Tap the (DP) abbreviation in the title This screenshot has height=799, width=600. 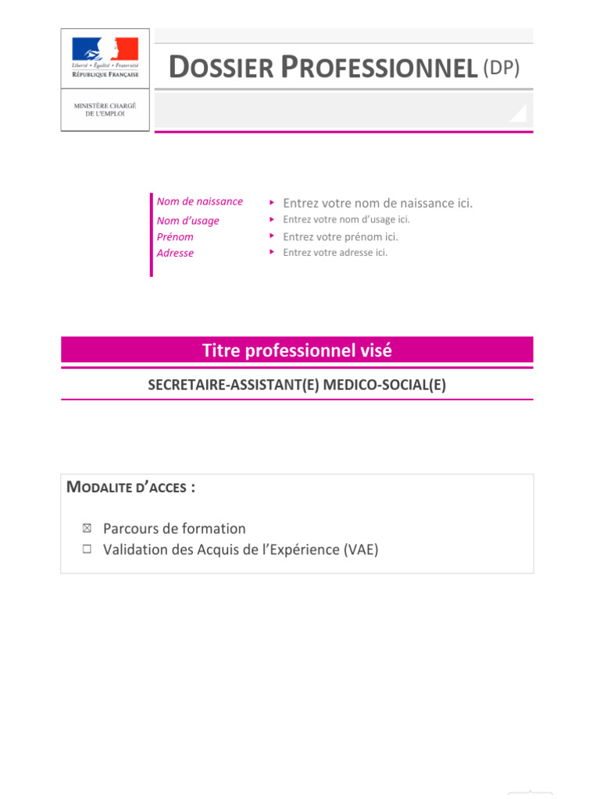coord(501,69)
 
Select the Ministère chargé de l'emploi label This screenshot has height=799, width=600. coord(105,109)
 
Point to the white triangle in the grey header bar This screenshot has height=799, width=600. coord(518,114)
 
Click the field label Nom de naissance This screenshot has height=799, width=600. coord(199,201)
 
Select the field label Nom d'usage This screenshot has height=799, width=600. coord(187,221)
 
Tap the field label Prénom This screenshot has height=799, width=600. coord(175,237)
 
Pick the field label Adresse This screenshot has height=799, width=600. coord(175,253)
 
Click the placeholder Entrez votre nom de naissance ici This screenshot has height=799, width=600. coord(377,203)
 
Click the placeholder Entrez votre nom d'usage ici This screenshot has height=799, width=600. coord(346,219)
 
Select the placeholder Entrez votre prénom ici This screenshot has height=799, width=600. coord(340,236)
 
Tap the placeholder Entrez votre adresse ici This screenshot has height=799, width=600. coord(335,252)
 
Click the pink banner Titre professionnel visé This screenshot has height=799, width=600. coord(297,350)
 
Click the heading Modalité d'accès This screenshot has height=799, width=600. coord(130,488)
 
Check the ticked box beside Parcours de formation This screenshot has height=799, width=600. coord(87,528)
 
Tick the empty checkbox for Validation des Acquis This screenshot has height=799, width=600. coord(87,549)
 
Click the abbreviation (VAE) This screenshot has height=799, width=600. coord(360,549)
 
